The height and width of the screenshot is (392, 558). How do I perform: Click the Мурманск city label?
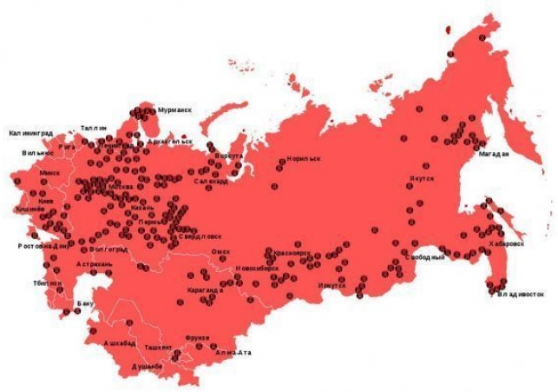pyautogui.click(x=175, y=111)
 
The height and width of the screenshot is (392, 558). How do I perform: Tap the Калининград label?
pyautogui.click(x=37, y=133)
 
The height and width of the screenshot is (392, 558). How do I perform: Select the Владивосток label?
pyautogui.click(x=521, y=294)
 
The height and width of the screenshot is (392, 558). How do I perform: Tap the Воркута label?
pyautogui.click(x=230, y=156)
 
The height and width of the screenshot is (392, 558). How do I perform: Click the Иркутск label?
pyautogui.click(x=332, y=284)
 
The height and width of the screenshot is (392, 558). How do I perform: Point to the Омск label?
pyautogui.click(x=221, y=251)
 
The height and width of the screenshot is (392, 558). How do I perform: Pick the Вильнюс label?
pyautogui.click(x=38, y=152)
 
